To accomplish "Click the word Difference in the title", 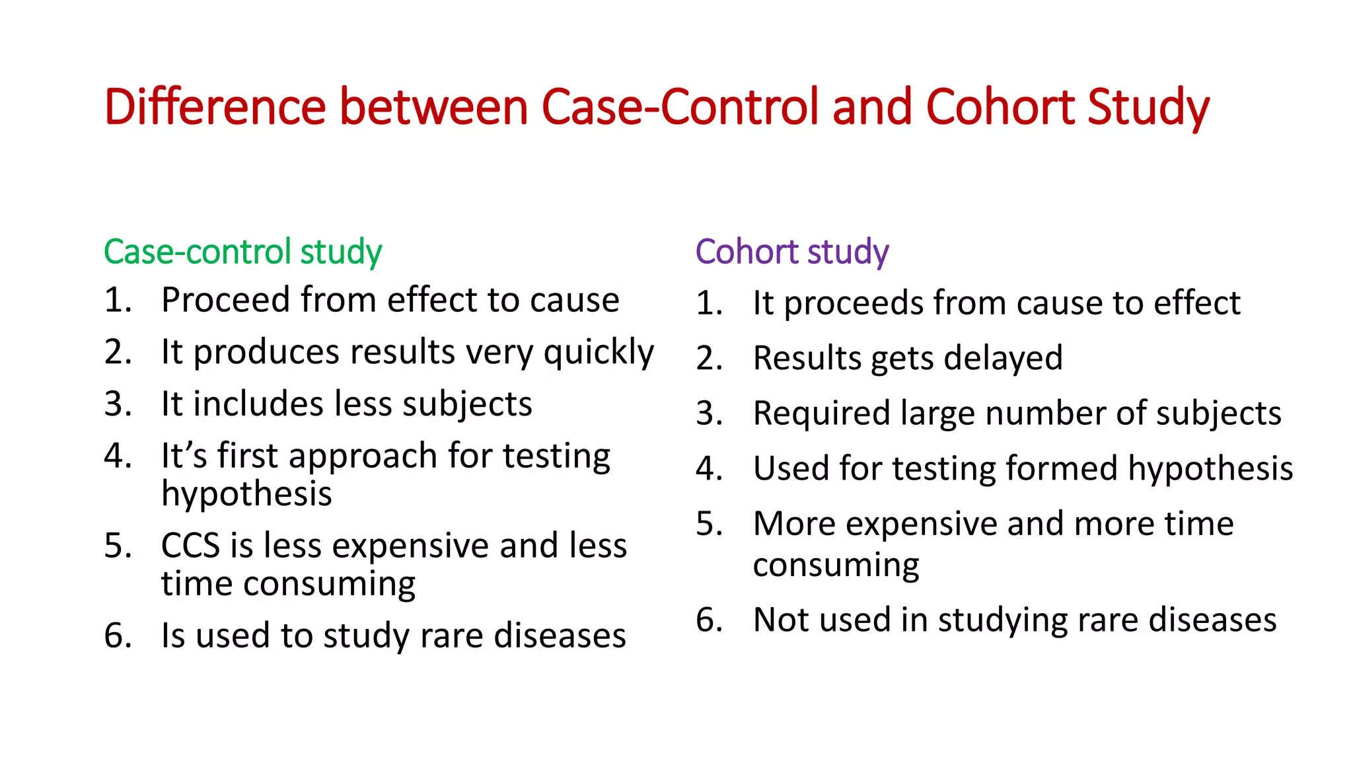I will click(x=215, y=107).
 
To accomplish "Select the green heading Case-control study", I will click(x=242, y=252).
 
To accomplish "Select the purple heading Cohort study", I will click(x=792, y=252).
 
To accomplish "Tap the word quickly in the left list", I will click(x=599, y=353).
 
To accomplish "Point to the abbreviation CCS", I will click(x=190, y=546).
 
